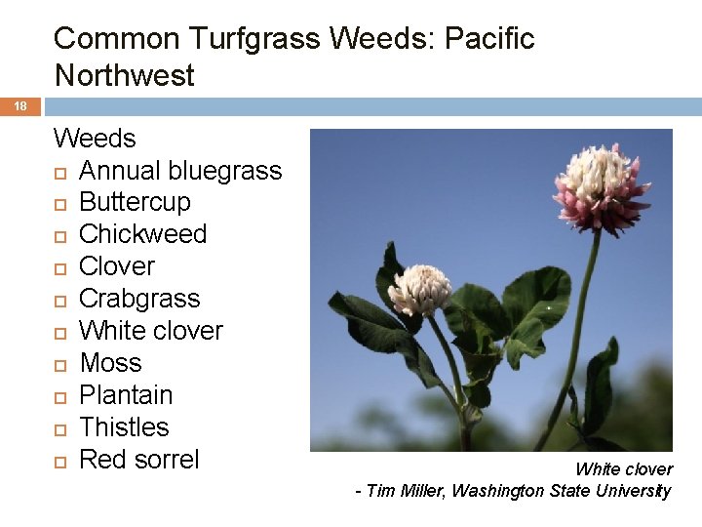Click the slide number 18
click(x=19, y=106)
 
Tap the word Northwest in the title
click(x=125, y=75)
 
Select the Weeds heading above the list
click(x=95, y=139)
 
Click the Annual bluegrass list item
click(x=180, y=171)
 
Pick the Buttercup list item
click(x=135, y=203)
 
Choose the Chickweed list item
click(x=142, y=234)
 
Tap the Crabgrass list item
click(x=138, y=299)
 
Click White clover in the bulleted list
click(x=150, y=331)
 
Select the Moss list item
click(x=110, y=363)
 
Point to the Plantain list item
click(x=126, y=395)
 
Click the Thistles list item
click(x=124, y=427)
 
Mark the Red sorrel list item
click(x=138, y=460)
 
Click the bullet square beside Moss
click(x=60, y=364)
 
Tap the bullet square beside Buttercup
click(x=60, y=204)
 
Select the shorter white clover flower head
click(x=419, y=290)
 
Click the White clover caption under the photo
click(x=623, y=469)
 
